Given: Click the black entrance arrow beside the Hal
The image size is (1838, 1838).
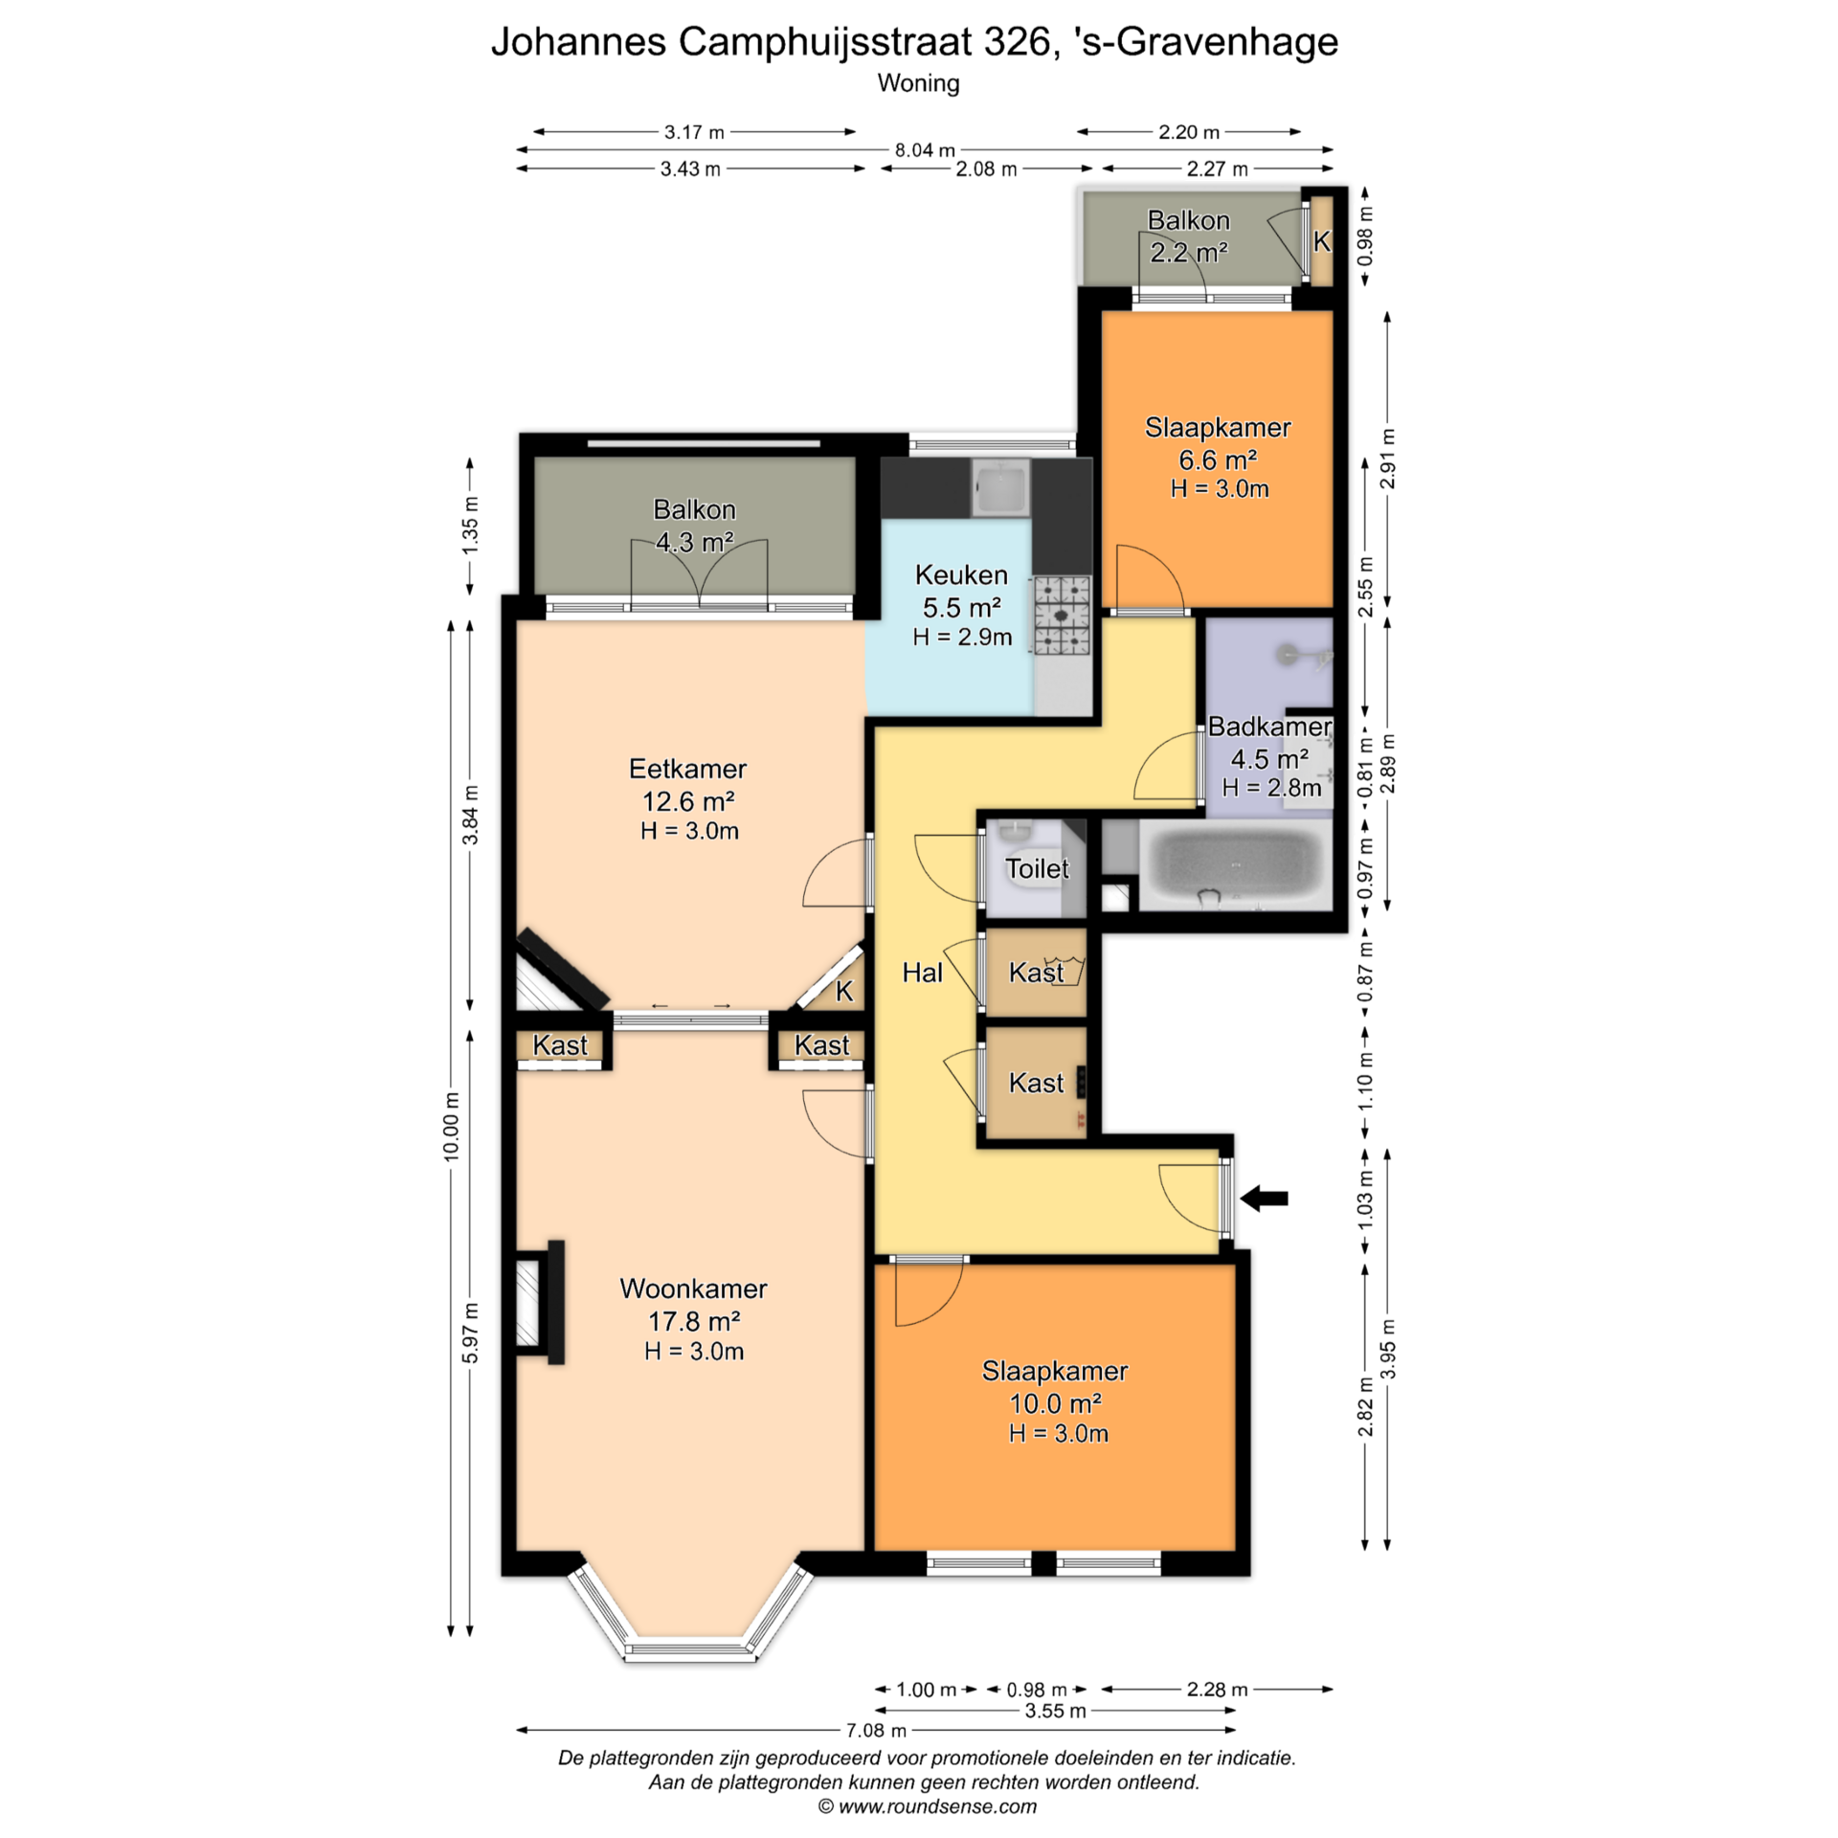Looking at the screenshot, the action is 1265,1198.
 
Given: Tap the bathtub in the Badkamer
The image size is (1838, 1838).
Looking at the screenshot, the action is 1236,863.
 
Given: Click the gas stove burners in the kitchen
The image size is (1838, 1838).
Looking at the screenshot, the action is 1062,616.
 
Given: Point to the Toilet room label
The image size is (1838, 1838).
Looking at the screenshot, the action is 1037,868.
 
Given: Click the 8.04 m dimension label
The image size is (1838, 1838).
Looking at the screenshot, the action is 925,150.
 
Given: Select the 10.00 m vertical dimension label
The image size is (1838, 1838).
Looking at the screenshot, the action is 451,1126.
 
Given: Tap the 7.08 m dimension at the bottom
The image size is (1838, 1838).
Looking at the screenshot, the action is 876,1730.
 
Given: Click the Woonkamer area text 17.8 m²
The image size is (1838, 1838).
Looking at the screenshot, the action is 694,1321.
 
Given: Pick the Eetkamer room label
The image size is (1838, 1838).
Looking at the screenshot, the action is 687,769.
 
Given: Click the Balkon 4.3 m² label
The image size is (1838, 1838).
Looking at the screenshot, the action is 694,526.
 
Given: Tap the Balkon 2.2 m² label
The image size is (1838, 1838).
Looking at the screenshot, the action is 1189,236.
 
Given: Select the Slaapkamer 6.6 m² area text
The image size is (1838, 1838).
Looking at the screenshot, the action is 1218,460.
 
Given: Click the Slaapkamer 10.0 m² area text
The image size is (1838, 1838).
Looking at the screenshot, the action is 1055,1403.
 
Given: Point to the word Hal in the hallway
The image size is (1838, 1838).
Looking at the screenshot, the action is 923,973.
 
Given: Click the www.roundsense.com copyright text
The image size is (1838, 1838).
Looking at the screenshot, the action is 927,1806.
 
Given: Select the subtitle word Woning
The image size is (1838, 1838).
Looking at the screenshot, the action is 918,83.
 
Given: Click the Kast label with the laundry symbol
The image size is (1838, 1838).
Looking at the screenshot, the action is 1036,973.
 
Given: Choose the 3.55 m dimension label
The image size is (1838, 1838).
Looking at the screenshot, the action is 1055,1711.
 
